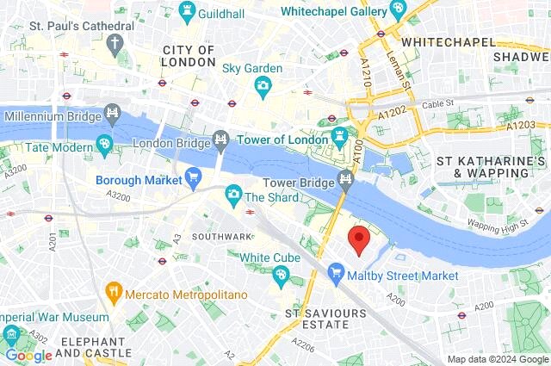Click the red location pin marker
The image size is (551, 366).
point(358,240)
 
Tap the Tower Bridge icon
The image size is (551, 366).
point(346,179)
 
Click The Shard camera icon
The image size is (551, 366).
point(232,196)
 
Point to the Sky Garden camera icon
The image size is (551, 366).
point(263,85)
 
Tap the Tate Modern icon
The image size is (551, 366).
point(105,145)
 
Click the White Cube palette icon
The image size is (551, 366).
point(280,276)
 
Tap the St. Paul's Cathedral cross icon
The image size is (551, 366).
point(115,45)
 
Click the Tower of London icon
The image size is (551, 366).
point(340,137)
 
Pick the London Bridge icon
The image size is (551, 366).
point(221,137)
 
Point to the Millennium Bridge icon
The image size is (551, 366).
point(112,113)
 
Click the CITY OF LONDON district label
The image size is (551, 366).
point(189,56)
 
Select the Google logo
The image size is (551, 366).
point(28,355)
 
